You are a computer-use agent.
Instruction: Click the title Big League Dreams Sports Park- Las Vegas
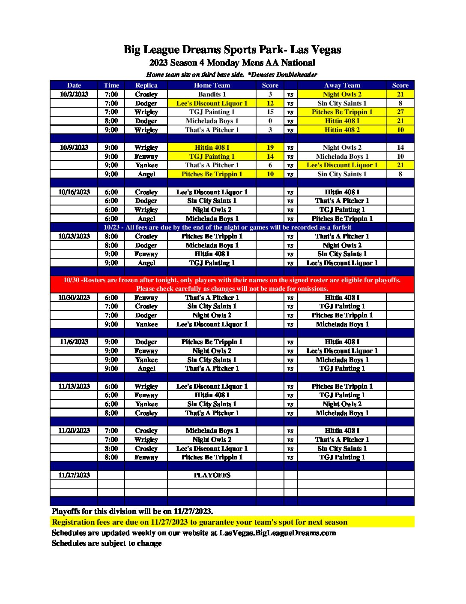point(232,50)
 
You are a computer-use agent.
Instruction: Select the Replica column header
point(146,85)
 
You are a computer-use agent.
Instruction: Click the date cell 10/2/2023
point(74,94)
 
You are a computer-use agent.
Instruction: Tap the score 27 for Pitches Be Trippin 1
point(400,112)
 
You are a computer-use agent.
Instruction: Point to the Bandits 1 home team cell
point(212,94)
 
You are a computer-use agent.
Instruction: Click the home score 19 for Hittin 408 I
point(270,148)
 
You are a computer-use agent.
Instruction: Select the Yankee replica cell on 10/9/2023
point(146,165)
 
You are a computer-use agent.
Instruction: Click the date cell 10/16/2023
point(74,192)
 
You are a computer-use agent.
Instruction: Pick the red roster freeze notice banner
point(232,284)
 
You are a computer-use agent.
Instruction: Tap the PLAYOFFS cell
point(212,475)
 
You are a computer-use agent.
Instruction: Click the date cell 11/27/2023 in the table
point(74,475)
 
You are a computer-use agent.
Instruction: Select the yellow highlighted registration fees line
point(200,522)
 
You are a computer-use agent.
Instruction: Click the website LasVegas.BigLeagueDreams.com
point(278,533)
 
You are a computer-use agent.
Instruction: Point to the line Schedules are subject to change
point(107,543)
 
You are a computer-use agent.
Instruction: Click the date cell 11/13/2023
point(74,387)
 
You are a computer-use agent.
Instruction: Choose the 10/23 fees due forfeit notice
point(227,227)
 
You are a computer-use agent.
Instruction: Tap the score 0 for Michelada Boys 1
point(270,121)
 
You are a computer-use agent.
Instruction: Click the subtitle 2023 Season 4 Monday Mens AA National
point(232,63)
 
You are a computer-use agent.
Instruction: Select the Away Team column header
point(342,85)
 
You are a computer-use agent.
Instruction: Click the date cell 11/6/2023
point(74,342)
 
